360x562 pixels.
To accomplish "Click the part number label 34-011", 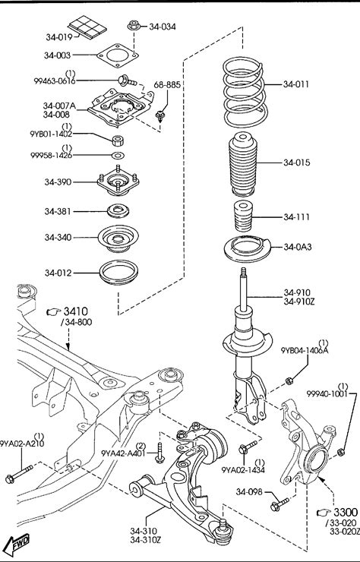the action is point(295,84).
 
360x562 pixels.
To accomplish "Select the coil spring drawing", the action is point(245,93).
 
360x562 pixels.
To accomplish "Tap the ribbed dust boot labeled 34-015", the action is point(243,164).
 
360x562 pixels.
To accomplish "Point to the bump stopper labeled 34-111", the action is point(243,216).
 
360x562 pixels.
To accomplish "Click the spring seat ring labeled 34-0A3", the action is point(248,249).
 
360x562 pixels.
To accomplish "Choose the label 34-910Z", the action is point(298,302).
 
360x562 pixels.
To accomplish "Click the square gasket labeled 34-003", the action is point(117,55).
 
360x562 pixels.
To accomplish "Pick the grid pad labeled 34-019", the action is point(87,27).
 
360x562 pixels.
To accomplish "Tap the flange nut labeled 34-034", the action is point(134,26).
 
